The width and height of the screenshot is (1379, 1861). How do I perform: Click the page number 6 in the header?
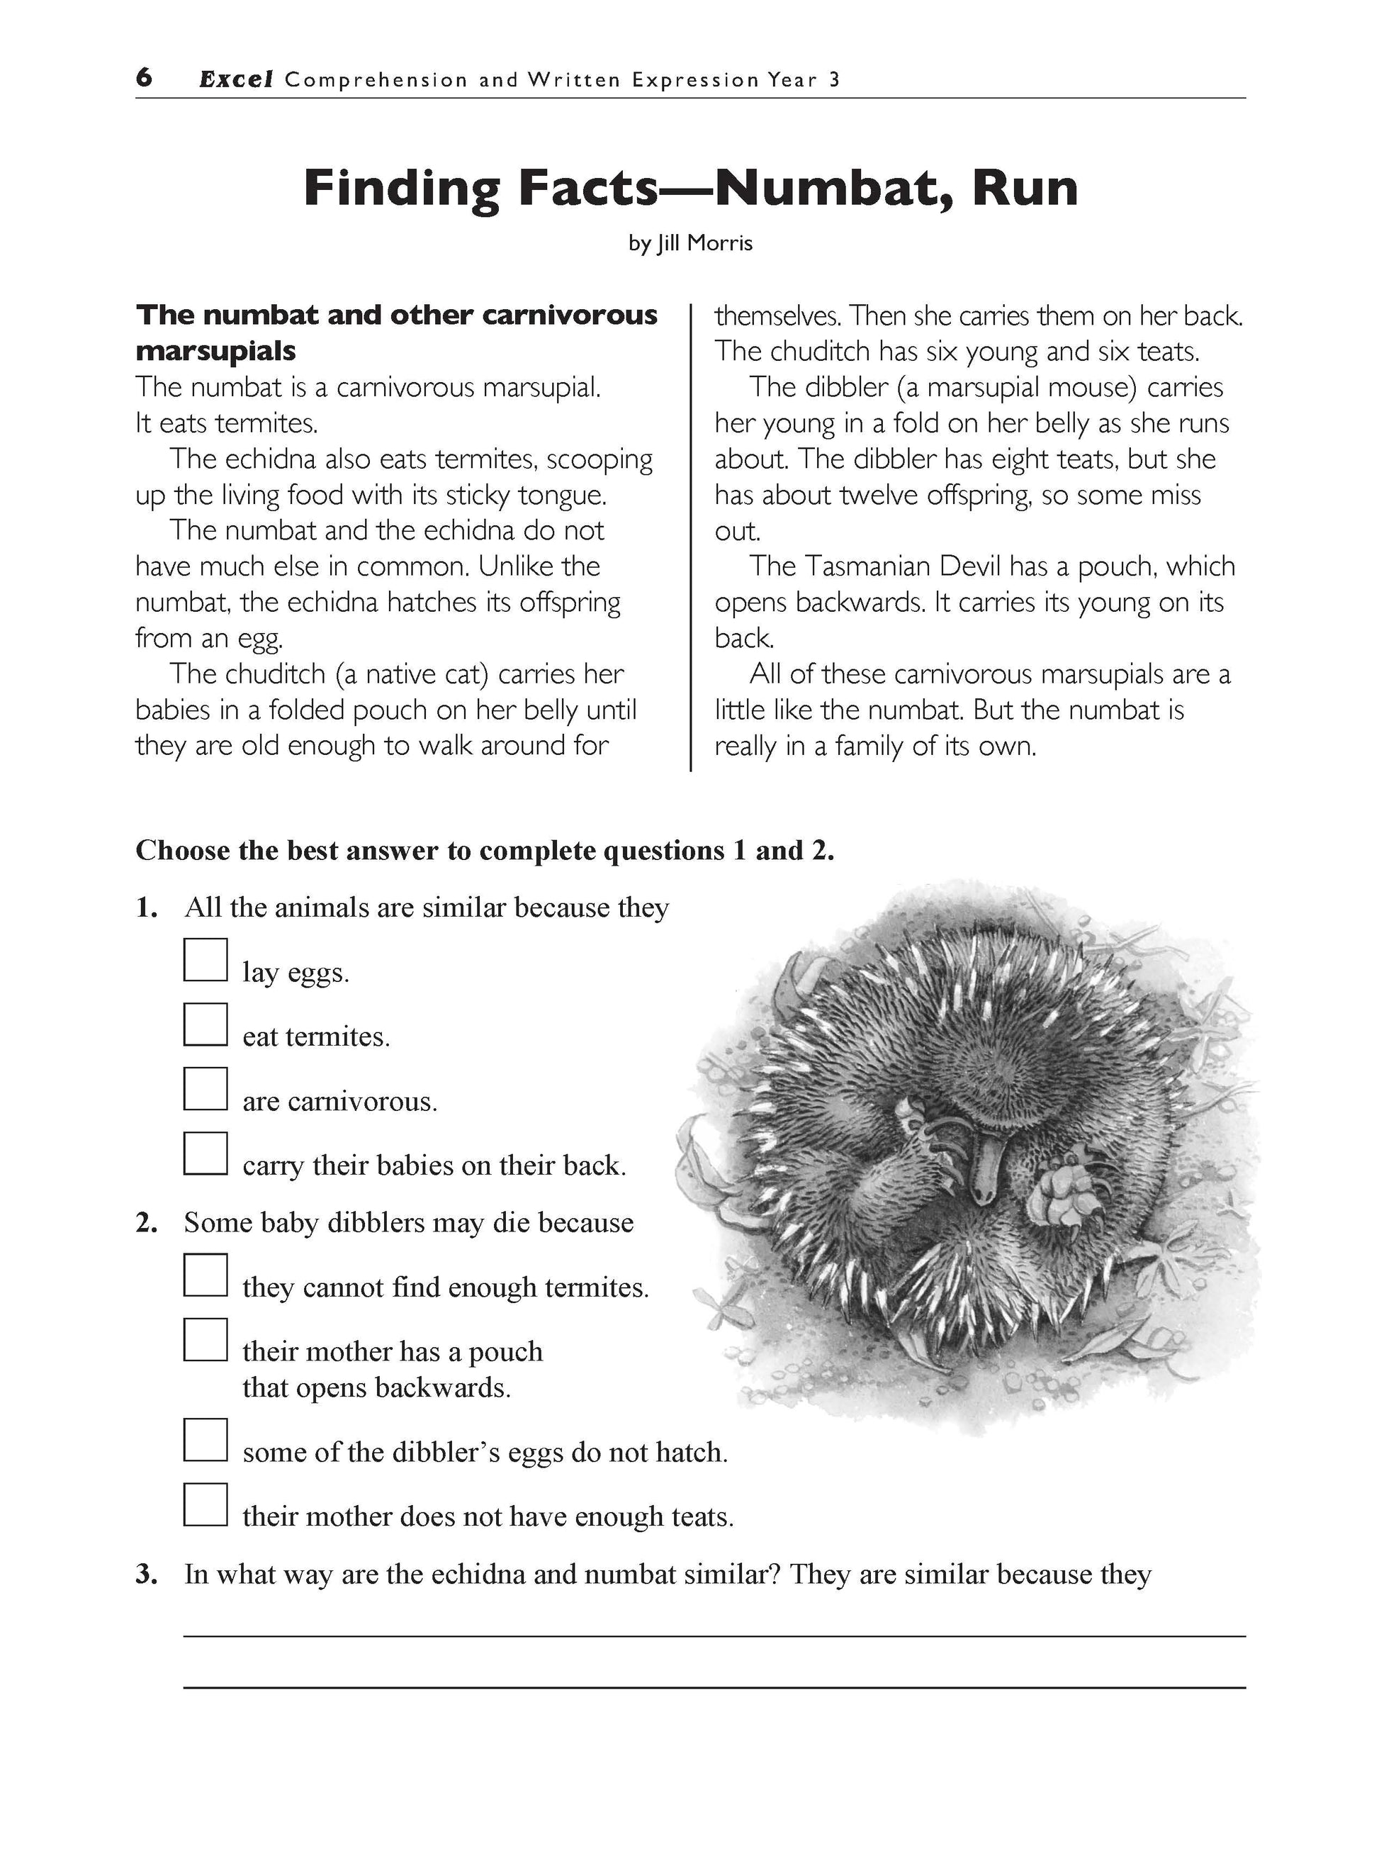(145, 79)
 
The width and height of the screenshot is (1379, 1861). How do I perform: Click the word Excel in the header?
(236, 80)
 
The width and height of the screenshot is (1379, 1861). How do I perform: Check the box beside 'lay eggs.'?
(206, 960)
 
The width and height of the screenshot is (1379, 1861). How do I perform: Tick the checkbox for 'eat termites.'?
(206, 1024)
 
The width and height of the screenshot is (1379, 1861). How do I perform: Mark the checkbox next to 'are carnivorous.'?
(206, 1089)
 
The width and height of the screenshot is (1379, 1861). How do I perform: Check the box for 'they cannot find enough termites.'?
(206, 1275)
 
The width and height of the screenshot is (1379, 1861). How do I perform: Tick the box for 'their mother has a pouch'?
(206, 1339)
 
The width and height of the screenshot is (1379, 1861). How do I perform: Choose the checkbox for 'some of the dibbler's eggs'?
(206, 1440)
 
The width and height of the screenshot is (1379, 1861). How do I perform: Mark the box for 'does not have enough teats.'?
(206, 1504)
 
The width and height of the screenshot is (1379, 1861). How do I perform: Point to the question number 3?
(146, 1575)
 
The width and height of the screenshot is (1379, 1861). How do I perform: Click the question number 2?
(146, 1222)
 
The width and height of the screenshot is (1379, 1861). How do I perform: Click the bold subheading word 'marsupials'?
(215, 352)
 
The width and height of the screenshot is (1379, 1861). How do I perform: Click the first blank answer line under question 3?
(714, 1636)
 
